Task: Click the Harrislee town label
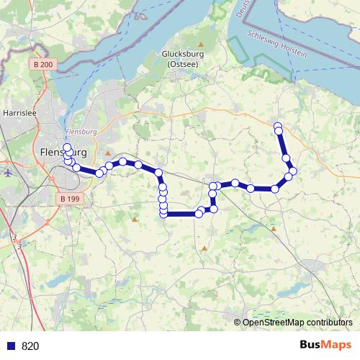(15, 113)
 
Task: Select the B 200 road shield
(42, 65)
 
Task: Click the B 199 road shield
(69, 198)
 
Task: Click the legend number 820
(30, 346)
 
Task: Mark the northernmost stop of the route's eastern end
(277, 126)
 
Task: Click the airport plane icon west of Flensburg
(8, 173)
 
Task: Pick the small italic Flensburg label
(80, 132)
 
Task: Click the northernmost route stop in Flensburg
(68, 148)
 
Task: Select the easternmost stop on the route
(293, 171)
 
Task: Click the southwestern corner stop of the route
(164, 213)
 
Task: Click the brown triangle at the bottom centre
(204, 248)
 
